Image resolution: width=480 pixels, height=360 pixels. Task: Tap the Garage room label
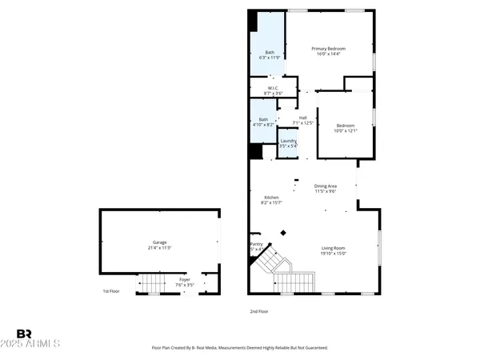tap(160, 242)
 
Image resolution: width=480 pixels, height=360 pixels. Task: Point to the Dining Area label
tap(330, 186)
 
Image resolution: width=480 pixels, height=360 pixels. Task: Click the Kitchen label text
tap(271, 197)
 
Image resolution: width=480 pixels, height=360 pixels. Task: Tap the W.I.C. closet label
tap(272, 88)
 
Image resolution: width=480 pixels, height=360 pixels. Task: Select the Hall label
tap(303, 118)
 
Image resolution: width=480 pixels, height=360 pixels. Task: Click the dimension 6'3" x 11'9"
tap(270, 58)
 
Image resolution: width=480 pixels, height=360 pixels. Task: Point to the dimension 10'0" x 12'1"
tap(345, 130)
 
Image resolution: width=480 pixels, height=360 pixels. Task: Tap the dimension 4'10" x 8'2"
tap(263, 125)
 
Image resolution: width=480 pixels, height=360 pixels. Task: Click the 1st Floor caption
tap(111, 291)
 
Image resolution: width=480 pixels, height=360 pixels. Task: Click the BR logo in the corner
tap(24, 334)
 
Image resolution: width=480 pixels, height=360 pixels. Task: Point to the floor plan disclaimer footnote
tap(239, 348)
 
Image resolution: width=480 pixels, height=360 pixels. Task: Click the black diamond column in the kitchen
tap(282, 234)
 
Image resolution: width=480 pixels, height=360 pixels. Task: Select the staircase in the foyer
tap(151, 283)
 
